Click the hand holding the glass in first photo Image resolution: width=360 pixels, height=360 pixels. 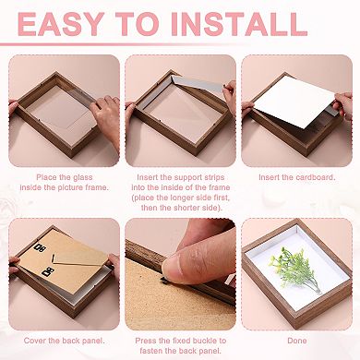(x=103, y=120)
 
